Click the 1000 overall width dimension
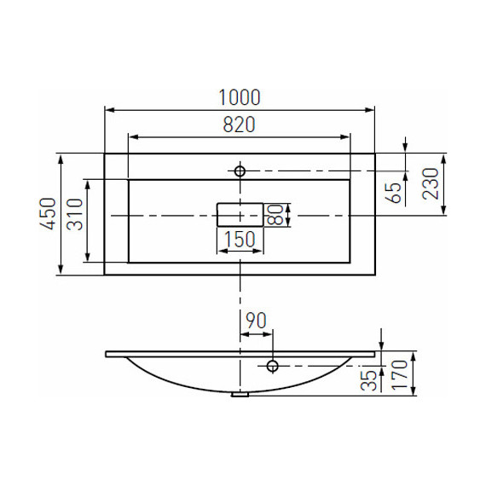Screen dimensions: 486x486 (240, 97)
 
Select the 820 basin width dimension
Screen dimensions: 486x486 (239, 124)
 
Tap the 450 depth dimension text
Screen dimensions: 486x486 (49, 214)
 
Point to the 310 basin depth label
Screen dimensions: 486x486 (75, 214)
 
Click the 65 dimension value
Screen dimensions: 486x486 (395, 193)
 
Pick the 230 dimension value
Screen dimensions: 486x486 (431, 184)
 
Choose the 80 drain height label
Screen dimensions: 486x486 (275, 215)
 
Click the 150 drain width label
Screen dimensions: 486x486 (240, 239)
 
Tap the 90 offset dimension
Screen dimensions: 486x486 (256, 321)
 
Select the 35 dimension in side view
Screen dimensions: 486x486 (368, 380)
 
